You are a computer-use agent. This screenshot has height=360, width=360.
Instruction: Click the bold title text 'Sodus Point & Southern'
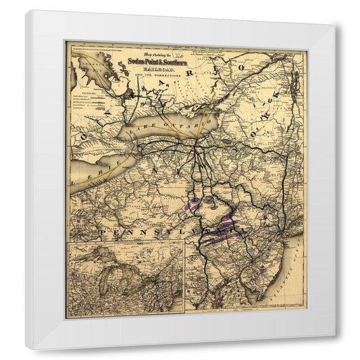click(161, 62)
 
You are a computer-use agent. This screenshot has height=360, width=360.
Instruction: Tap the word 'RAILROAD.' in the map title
click(160, 70)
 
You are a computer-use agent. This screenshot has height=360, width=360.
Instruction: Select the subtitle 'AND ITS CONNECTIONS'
click(160, 76)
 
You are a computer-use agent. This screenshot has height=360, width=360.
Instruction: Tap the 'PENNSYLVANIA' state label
click(162, 232)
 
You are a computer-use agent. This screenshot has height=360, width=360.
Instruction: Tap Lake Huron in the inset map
click(128, 274)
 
